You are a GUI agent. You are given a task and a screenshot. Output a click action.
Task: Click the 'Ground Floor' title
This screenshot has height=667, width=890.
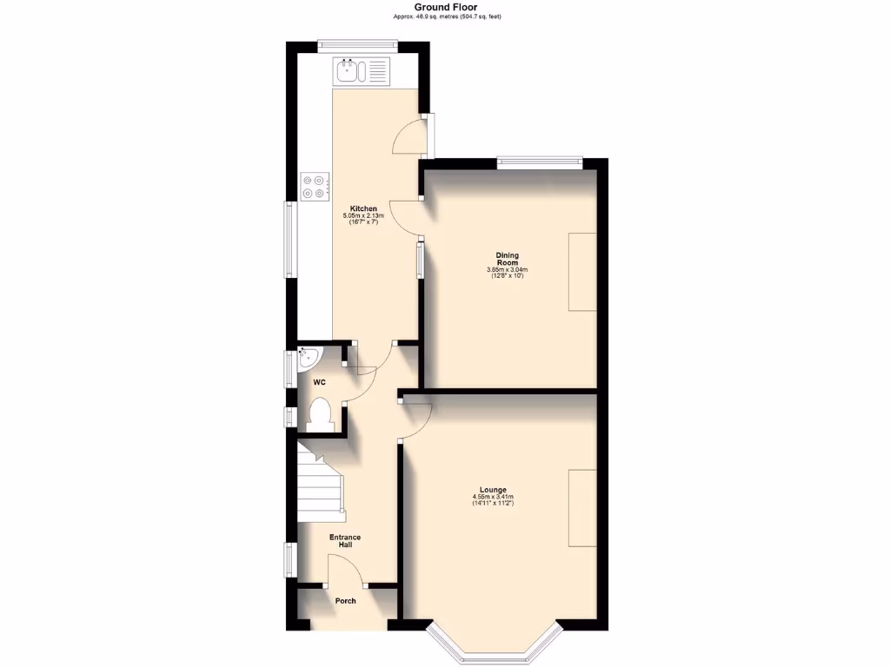click(445, 7)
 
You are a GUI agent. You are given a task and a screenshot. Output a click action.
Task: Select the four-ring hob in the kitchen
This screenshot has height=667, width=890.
click(315, 186)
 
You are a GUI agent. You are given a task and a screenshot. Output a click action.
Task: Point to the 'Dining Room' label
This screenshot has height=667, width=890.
click(508, 259)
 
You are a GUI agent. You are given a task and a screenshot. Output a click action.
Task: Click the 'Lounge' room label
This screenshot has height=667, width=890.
click(492, 490)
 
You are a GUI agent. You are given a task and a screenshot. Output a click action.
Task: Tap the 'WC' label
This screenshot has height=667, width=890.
click(319, 382)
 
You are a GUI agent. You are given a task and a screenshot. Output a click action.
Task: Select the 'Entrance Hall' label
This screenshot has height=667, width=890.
click(345, 541)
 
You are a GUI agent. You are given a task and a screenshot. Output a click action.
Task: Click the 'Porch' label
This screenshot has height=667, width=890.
click(345, 600)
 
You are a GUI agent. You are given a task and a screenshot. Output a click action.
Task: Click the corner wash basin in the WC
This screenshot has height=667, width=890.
click(307, 356)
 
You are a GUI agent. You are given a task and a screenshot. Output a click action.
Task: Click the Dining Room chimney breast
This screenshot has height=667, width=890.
click(582, 271)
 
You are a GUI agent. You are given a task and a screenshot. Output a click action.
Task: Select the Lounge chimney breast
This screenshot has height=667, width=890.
click(582, 508)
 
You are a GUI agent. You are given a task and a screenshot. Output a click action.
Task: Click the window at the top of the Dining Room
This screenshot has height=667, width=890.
click(539, 159)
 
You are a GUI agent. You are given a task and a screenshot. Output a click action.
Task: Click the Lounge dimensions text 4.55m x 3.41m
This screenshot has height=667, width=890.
click(492, 497)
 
